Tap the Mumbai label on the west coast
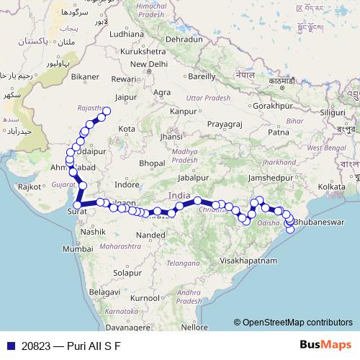(78, 248)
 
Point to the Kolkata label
(332, 186)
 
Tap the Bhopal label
(153, 164)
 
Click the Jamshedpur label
(271, 177)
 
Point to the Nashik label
(94, 233)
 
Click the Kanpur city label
(183, 112)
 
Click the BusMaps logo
(325, 344)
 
